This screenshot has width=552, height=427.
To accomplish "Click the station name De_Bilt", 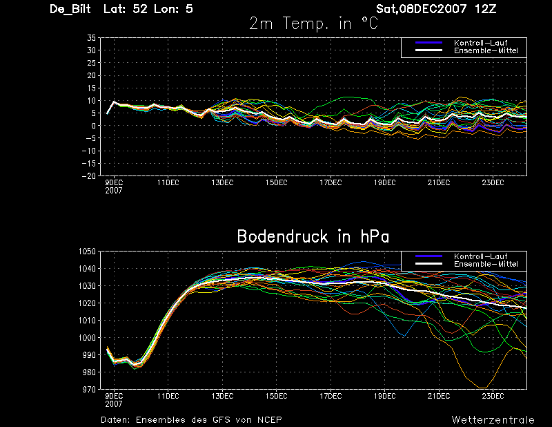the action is pyautogui.click(x=70, y=9).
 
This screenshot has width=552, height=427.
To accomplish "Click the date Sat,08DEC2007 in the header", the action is pyautogui.click(x=422, y=9).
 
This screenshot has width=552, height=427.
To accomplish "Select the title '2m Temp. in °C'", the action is pyautogui.click(x=314, y=23).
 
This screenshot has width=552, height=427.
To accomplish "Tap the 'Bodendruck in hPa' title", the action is pyautogui.click(x=313, y=236).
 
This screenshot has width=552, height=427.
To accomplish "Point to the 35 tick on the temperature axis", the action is pyautogui.click(x=91, y=38).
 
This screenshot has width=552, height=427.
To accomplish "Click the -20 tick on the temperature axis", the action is pyautogui.click(x=89, y=175).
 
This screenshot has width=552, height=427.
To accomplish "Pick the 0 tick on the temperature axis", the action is pyautogui.click(x=94, y=126).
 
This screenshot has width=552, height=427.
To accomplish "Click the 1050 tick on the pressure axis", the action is pyautogui.click(x=88, y=252).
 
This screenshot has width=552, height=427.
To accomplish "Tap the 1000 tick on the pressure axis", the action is pyautogui.click(x=88, y=337).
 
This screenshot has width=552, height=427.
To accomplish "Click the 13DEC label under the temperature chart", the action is pyautogui.click(x=222, y=182).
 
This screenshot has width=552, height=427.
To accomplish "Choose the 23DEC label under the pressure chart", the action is pyautogui.click(x=493, y=396).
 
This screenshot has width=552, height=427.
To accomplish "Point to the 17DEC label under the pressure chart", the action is pyautogui.click(x=331, y=396).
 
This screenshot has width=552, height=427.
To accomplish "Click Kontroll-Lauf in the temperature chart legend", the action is pyautogui.click(x=480, y=43).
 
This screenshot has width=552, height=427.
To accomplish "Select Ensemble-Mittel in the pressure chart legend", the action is pyautogui.click(x=486, y=264).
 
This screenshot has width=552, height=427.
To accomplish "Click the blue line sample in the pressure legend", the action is pyautogui.click(x=428, y=256).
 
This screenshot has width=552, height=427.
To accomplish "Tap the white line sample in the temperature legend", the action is pyautogui.click(x=428, y=50).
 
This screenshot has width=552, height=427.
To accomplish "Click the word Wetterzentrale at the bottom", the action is pyautogui.click(x=493, y=420).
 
